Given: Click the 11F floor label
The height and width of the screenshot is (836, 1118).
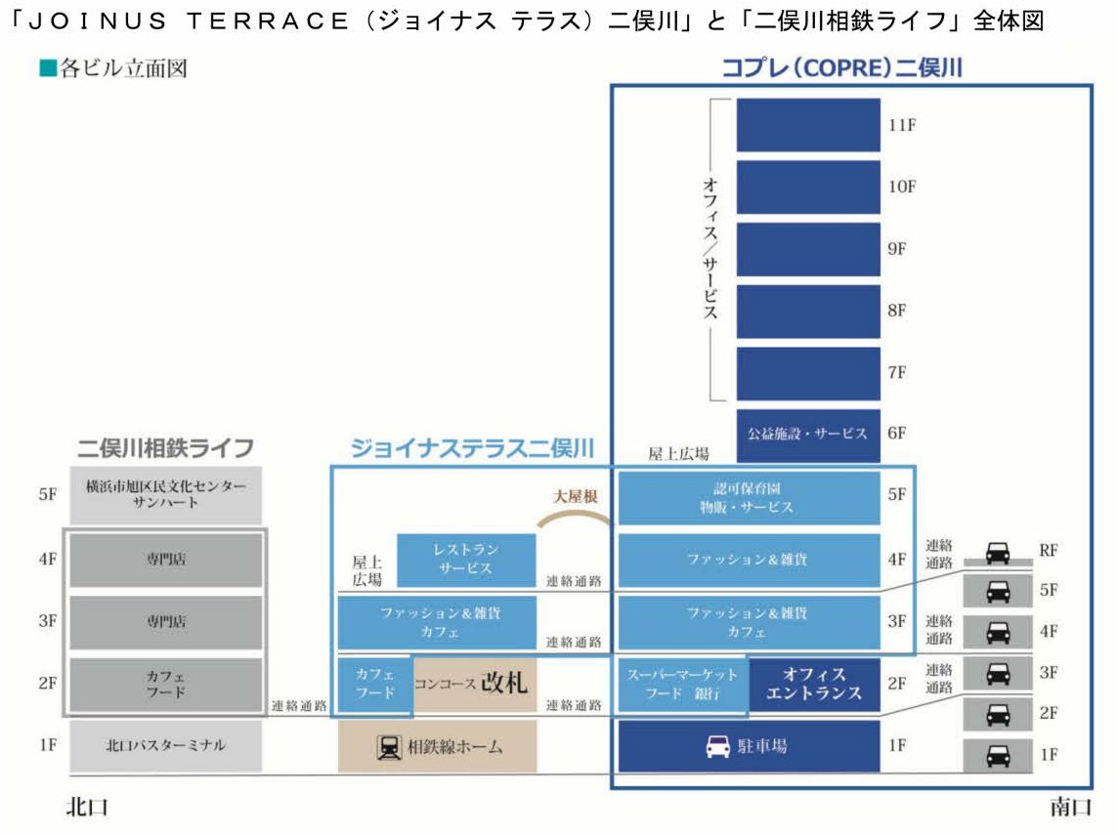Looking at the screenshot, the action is [x=902, y=125].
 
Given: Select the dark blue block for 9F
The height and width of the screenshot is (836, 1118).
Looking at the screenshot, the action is [x=808, y=249].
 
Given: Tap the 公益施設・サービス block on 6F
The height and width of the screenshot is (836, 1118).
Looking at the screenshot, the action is [x=808, y=435].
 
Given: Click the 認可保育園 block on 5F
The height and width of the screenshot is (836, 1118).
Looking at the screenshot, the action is [x=749, y=497].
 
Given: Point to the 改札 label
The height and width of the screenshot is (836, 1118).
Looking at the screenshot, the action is [x=504, y=683].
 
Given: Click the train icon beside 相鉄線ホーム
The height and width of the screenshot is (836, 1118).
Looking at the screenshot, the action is [x=389, y=747].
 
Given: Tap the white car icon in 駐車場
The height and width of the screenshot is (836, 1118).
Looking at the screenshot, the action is [x=718, y=746].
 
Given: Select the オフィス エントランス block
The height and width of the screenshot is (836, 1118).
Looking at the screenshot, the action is [x=814, y=685].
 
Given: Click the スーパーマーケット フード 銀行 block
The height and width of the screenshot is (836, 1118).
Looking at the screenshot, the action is [x=683, y=685].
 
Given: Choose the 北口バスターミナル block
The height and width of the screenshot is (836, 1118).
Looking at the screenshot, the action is [x=165, y=745].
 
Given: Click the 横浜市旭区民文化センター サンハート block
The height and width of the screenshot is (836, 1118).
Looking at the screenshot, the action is [x=165, y=495].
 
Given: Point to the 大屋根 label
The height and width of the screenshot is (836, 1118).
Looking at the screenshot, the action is [x=576, y=496].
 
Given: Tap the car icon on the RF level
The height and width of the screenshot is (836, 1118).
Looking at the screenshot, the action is [x=998, y=553].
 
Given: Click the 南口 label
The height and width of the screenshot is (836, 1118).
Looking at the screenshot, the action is [x=1070, y=807].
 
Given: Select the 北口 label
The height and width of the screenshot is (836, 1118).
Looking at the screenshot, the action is [x=87, y=807].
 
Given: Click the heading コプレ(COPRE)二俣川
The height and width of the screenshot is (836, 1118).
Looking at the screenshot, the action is [x=842, y=67].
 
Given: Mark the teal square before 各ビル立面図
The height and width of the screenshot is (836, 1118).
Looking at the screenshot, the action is [x=48, y=68].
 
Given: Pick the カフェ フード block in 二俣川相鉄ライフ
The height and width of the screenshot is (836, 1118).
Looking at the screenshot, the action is [x=165, y=685].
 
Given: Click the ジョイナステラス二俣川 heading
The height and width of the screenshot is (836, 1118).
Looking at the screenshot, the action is [x=472, y=448].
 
